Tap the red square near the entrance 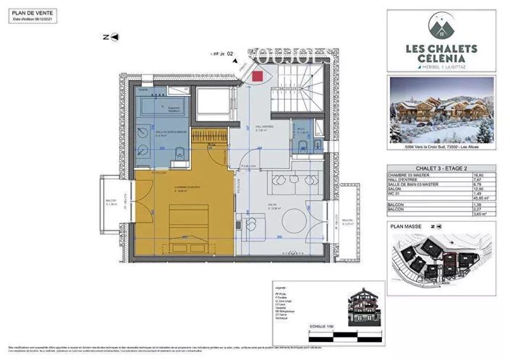click(x=258, y=75)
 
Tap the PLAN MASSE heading click(x=405, y=226)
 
